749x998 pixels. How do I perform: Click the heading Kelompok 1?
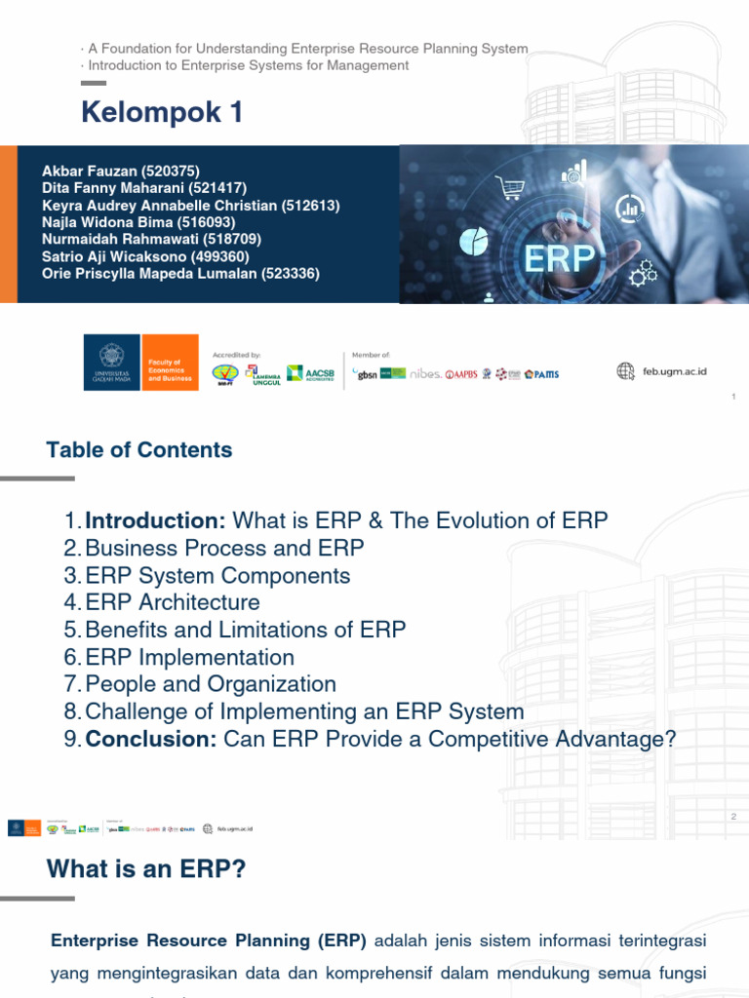coord(162,113)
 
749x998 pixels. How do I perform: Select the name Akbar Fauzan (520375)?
coord(120,172)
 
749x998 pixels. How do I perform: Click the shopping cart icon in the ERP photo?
coord(509,186)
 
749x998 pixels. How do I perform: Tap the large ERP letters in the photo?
coord(560,259)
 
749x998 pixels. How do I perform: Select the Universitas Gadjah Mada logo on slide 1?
coord(112,363)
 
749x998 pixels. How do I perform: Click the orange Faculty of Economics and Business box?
coord(170,363)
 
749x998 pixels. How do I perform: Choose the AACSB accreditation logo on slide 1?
coord(310,373)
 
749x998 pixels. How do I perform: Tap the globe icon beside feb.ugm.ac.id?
coord(626,370)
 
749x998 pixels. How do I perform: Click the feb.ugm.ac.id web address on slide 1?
coord(674,371)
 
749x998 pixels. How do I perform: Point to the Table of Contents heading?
coord(139,450)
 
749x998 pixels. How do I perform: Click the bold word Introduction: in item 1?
coord(155,520)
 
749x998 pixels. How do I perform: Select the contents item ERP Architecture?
coord(173,602)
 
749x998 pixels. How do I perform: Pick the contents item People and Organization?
coord(211,684)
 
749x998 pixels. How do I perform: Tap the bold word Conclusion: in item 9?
coord(151,740)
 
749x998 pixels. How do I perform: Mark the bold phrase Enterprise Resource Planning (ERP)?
coord(209,941)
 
